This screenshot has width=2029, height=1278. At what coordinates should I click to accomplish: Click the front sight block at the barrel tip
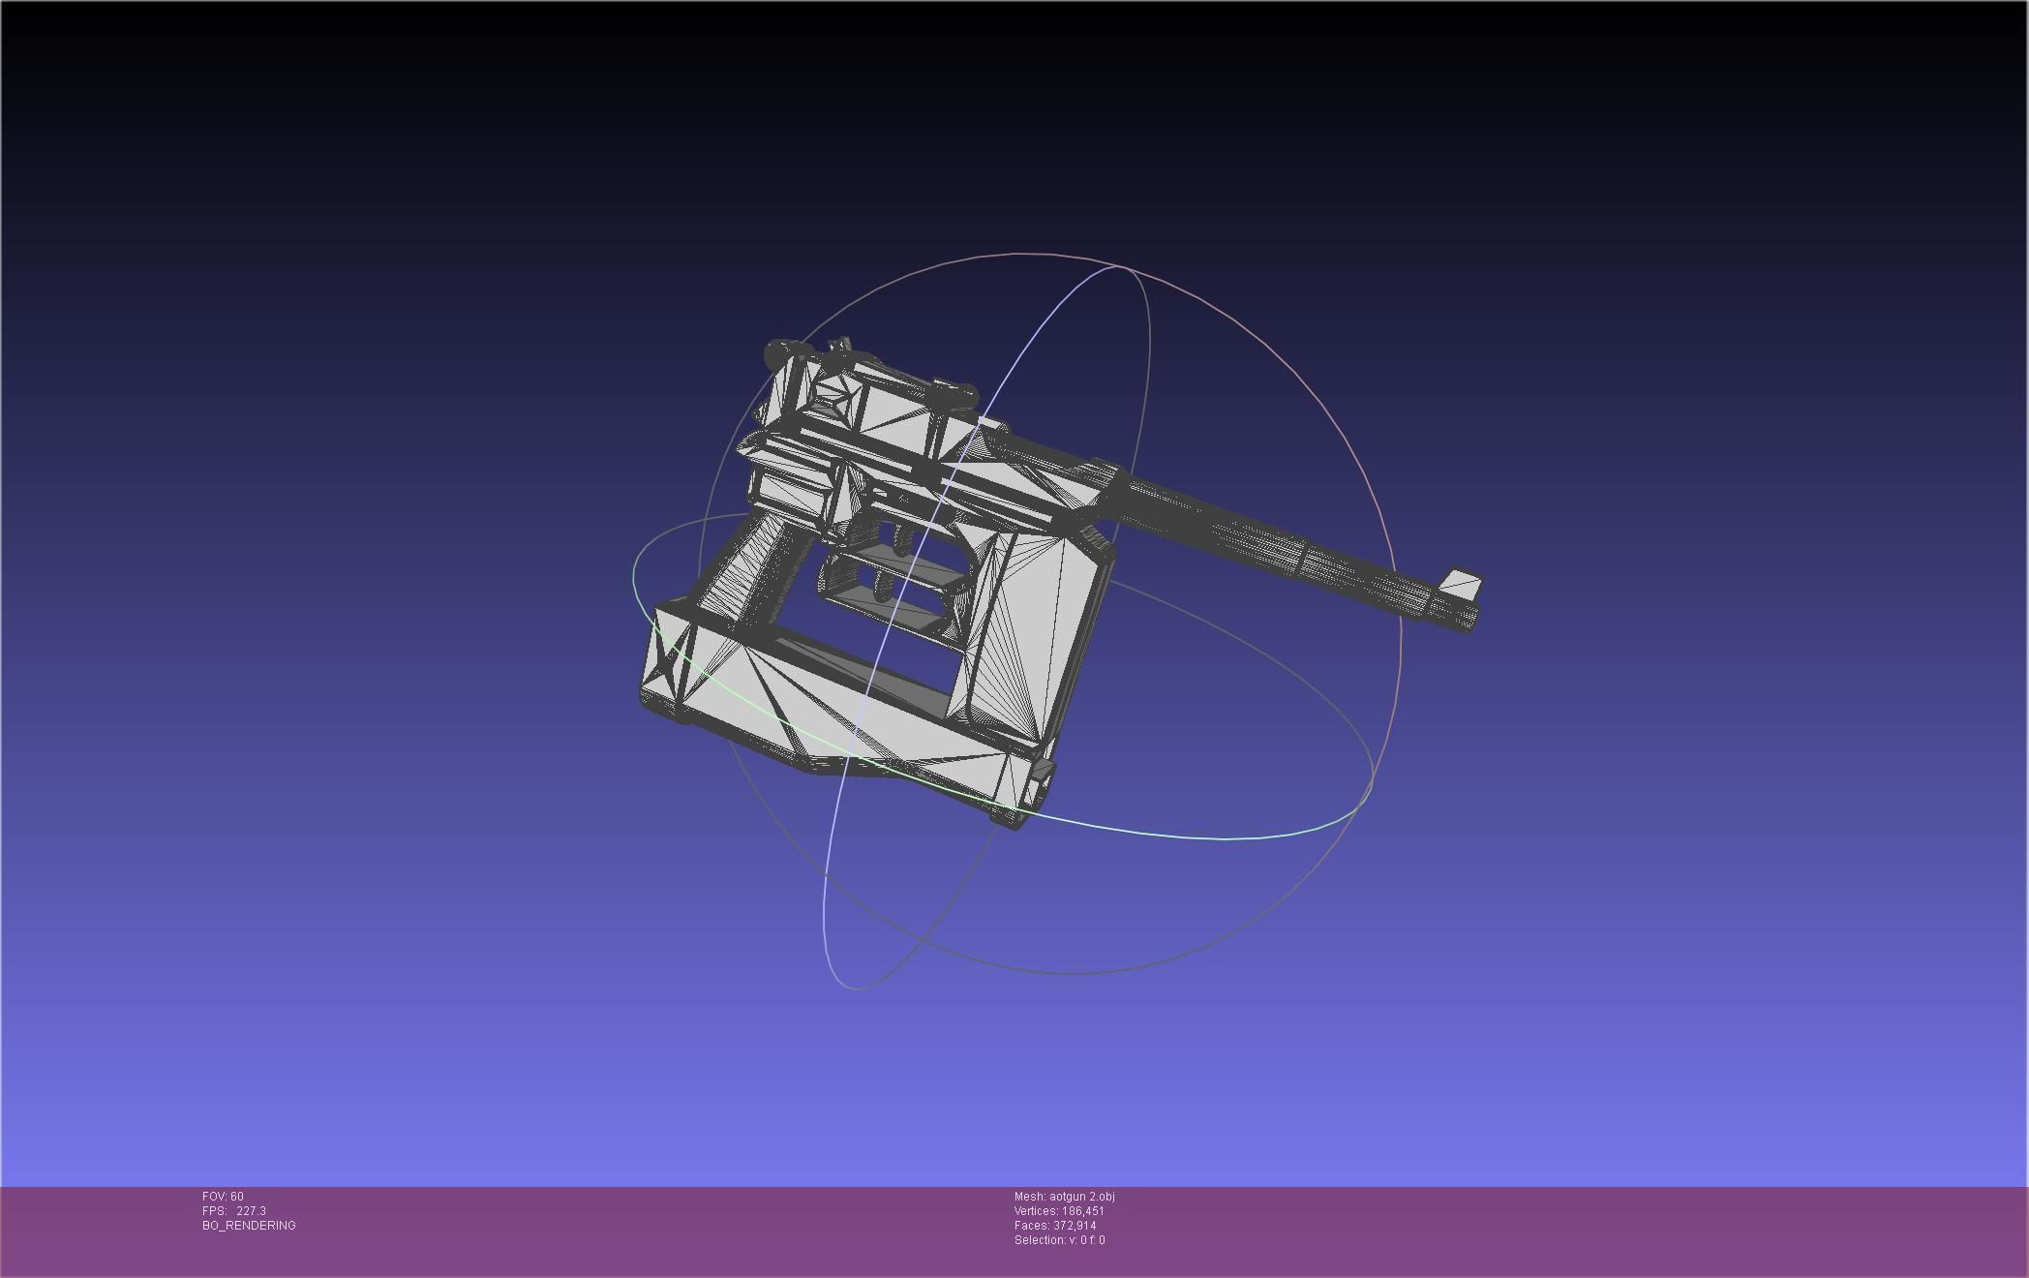[x=1461, y=584]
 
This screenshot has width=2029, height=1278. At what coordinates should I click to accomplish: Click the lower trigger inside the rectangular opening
[x=884, y=586]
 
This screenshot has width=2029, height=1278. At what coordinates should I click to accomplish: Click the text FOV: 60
[x=223, y=1197]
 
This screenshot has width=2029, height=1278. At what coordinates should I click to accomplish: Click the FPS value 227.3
[x=251, y=1211]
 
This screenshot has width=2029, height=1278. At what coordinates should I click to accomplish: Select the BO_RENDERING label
[x=249, y=1226]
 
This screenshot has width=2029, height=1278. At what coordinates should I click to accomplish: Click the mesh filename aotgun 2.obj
[x=1081, y=1197]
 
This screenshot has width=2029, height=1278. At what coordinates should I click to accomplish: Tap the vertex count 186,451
[x=1082, y=1211]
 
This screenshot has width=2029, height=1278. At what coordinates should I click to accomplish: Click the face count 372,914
[x=1075, y=1226]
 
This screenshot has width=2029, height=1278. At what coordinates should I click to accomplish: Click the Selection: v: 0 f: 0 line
[x=1059, y=1240]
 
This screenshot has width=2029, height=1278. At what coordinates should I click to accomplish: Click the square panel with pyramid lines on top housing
[x=835, y=398]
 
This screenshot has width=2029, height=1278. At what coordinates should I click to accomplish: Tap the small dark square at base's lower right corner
[x=1043, y=771]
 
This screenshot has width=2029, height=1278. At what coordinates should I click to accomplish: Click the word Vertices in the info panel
[x=1035, y=1211]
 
